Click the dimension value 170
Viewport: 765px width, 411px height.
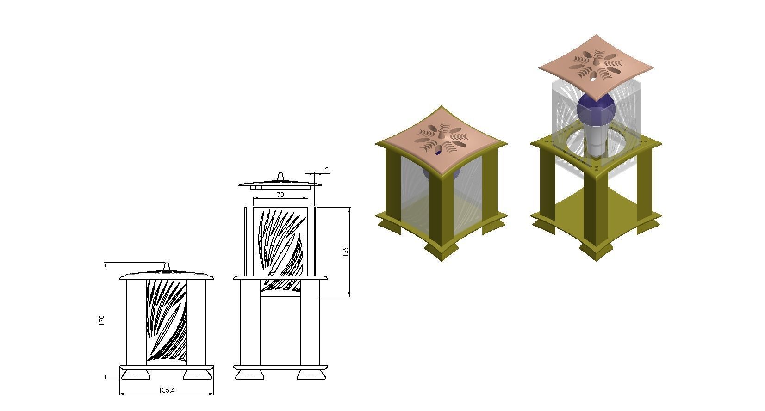pos(101,320)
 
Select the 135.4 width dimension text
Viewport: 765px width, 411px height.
pos(167,390)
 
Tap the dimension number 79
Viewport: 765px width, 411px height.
pos(280,195)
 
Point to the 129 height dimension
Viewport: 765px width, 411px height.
pos(345,252)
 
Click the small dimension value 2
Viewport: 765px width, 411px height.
pos(327,170)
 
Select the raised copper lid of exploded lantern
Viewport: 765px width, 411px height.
pos(596,67)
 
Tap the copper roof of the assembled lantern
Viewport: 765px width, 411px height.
pos(441,140)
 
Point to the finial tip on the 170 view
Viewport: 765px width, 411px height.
pos(167,263)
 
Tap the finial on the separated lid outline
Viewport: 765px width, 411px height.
pos(280,176)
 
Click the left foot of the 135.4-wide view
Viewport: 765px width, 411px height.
pos(136,374)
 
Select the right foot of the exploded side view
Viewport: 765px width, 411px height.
pos(311,374)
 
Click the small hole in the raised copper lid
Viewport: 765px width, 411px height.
pos(593,79)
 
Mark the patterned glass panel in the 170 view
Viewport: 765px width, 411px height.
pos(166,320)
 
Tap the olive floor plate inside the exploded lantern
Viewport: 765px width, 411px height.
pos(596,208)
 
